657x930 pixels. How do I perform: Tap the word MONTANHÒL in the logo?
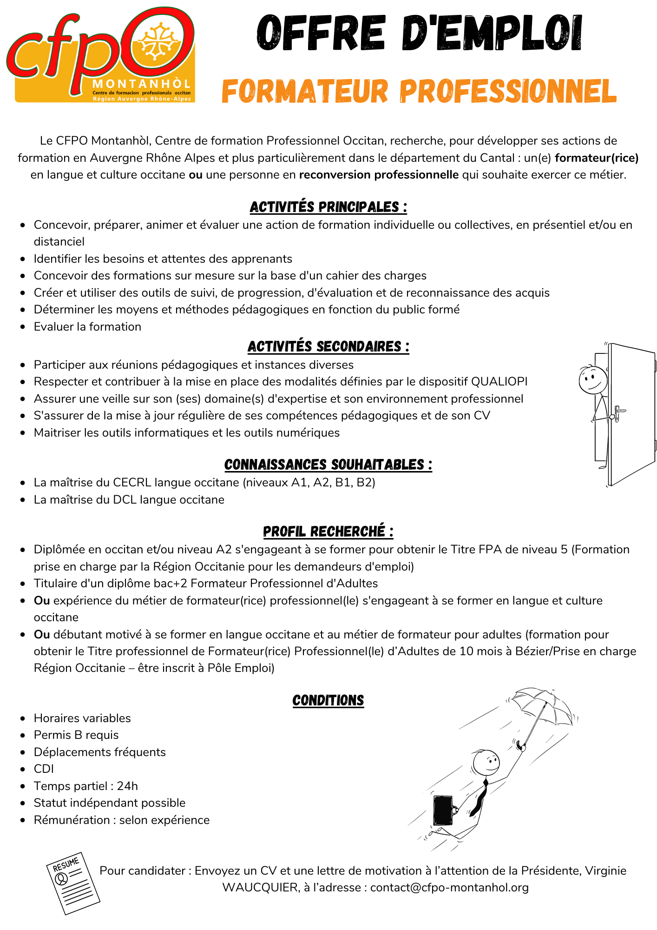142,84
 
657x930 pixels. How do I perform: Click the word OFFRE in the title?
321,33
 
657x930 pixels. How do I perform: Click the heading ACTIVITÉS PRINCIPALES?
328,207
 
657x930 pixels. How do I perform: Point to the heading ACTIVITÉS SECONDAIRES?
328,347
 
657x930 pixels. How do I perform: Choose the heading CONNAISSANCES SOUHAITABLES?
328,465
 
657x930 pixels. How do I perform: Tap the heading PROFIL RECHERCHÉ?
328,531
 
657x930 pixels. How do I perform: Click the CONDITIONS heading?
328,700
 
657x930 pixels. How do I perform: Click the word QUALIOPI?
499,382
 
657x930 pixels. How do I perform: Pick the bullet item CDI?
44,769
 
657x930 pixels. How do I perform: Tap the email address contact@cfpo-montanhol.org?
449,888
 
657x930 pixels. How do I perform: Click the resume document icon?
73,883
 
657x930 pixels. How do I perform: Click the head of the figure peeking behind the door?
592,380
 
